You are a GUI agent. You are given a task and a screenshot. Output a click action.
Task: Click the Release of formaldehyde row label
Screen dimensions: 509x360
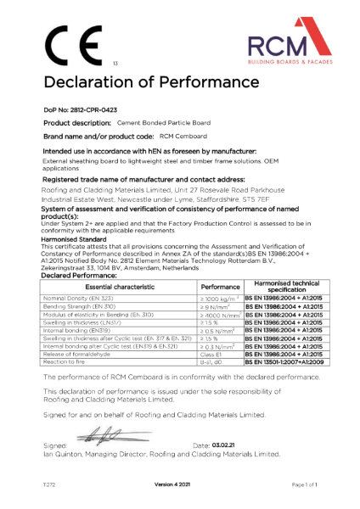(78, 354)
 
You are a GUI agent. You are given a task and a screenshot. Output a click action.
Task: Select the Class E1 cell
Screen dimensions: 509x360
(209, 354)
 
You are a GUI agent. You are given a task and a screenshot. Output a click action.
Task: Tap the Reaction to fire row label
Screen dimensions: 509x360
(67, 361)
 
